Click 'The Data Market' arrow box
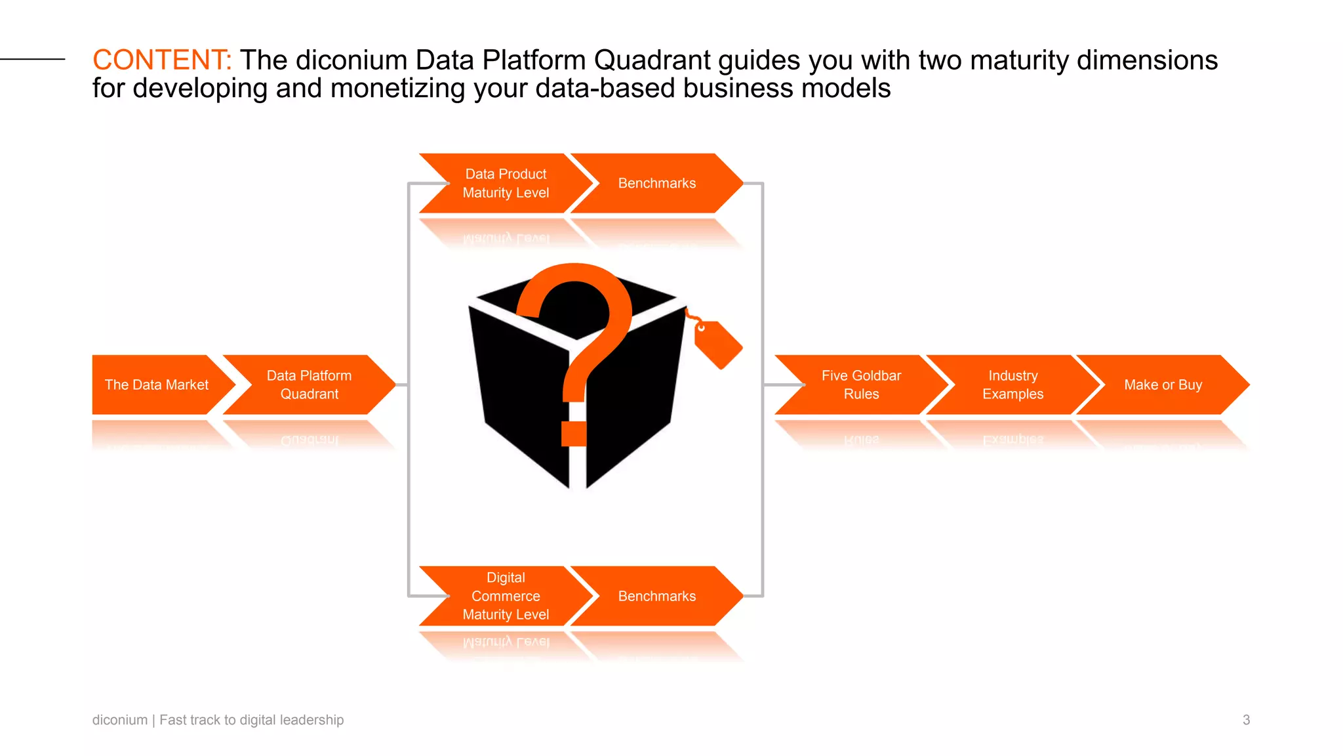(156, 385)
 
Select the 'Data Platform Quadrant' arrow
(309, 385)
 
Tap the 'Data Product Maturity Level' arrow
(506, 183)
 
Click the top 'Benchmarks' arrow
(656, 183)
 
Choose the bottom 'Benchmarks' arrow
(656, 596)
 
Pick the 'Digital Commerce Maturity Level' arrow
(506, 596)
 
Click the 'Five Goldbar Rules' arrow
(861, 385)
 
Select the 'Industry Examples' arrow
(1012, 385)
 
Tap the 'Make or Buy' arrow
(1163, 385)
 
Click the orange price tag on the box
(719, 345)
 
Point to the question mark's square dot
(574, 434)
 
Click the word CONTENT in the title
(161, 60)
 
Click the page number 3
(1246, 720)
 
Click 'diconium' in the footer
(120, 720)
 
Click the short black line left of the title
(33, 59)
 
